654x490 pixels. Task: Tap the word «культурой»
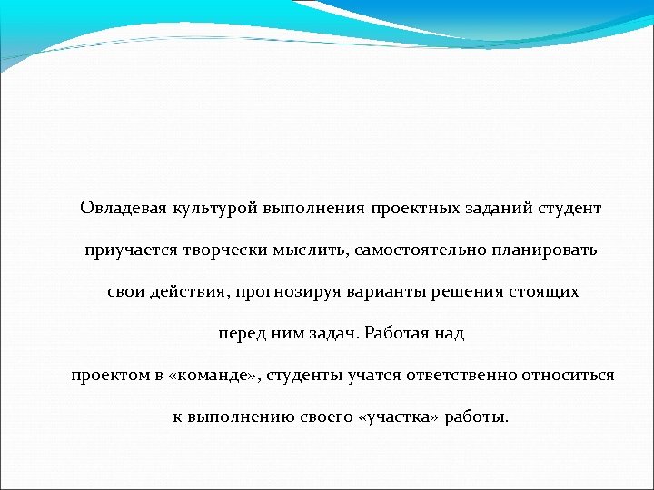point(214,208)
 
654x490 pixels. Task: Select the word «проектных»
point(414,208)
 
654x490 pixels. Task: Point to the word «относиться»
point(569,375)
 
